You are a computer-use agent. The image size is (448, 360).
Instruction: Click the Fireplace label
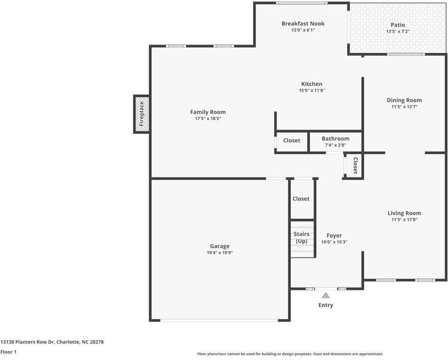tap(142, 114)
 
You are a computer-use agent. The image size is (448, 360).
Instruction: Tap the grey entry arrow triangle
tap(326, 295)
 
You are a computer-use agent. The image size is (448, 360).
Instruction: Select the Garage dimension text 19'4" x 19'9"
tap(220, 253)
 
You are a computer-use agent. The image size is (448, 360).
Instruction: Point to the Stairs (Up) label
tap(302, 238)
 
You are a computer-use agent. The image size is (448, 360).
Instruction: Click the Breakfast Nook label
tap(303, 23)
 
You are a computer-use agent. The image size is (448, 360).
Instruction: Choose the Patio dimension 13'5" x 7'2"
tap(398, 31)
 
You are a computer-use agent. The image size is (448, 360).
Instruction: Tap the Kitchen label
tap(312, 84)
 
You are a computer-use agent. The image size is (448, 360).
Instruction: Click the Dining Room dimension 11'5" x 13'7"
tap(404, 107)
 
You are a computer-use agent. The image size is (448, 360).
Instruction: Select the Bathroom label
tap(335, 139)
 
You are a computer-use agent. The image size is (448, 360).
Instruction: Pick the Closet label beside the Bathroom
tap(291, 140)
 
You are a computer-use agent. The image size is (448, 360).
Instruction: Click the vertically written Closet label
tap(356, 166)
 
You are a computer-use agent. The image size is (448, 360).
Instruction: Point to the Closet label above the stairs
tap(301, 199)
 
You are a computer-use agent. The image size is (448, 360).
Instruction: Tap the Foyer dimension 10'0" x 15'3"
tap(334, 242)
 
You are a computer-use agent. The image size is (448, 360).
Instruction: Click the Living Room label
tap(404, 213)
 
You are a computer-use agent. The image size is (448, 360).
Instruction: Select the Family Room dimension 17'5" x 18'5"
tap(208, 118)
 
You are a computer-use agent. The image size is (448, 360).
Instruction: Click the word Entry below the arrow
tap(326, 305)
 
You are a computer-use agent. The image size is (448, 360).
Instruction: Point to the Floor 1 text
tap(8, 352)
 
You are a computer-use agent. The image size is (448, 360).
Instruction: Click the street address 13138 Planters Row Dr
tap(27, 341)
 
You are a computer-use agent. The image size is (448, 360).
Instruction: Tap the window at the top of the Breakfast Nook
tap(302, 3)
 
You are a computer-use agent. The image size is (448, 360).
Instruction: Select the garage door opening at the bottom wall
tap(219, 320)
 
